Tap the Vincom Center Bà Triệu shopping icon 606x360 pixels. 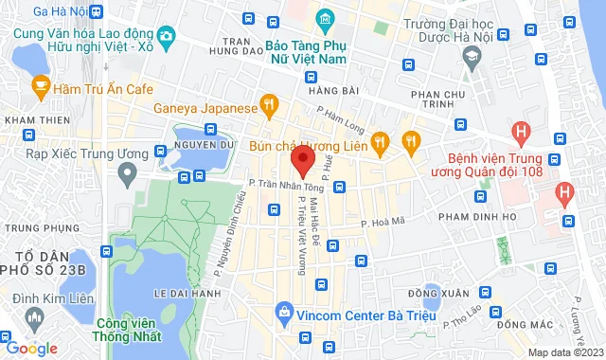[283, 311]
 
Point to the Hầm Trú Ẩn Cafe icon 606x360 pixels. [40, 87]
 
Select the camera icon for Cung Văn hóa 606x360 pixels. [167, 37]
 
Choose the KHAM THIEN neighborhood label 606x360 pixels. [32, 120]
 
